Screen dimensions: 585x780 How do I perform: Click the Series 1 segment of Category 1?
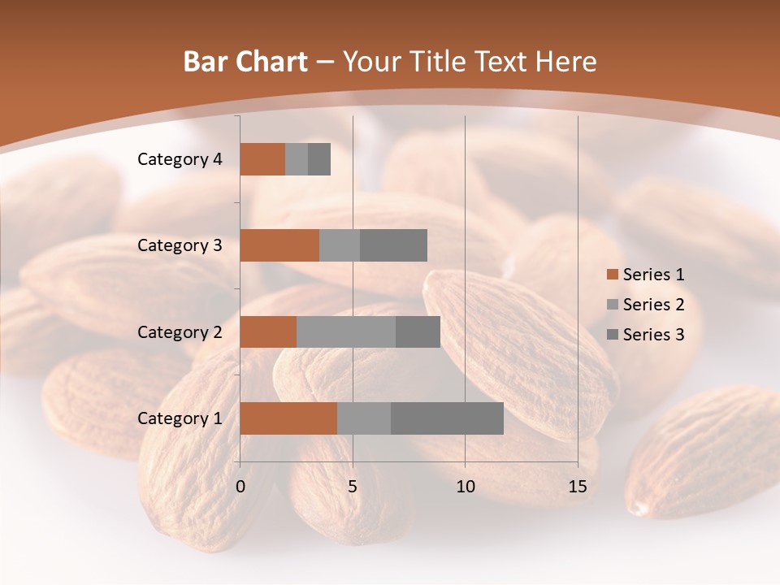click(x=288, y=418)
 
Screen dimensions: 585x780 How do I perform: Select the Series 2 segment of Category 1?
click(x=364, y=418)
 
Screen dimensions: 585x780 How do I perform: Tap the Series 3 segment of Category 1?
click(x=447, y=418)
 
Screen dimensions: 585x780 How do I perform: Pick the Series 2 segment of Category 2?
click(x=346, y=331)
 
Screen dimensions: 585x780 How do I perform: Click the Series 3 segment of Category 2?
click(x=418, y=331)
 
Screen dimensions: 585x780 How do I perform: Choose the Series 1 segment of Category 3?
click(x=279, y=245)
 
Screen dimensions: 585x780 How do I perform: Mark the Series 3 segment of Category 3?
click(x=393, y=245)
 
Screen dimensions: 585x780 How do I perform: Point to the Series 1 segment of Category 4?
click(x=262, y=159)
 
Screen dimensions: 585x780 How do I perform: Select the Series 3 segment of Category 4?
click(x=319, y=159)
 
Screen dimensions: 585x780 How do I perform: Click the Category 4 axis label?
click(x=180, y=159)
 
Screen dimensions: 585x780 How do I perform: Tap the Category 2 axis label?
click(x=180, y=332)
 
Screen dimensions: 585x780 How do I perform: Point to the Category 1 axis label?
click(x=180, y=418)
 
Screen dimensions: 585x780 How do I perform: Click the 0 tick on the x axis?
click(x=240, y=487)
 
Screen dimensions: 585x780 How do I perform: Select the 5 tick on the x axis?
click(x=353, y=487)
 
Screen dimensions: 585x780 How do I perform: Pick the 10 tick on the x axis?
click(x=465, y=487)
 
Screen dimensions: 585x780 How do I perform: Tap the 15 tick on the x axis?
click(x=578, y=487)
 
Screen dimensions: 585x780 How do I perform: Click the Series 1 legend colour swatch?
click(x=612, y=275)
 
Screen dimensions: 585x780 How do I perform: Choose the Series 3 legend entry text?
click(x=653, y=335)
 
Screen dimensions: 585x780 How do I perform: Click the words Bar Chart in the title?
click(x=245, y=62)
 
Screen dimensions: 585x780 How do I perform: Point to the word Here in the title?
click(x=566, y=62)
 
